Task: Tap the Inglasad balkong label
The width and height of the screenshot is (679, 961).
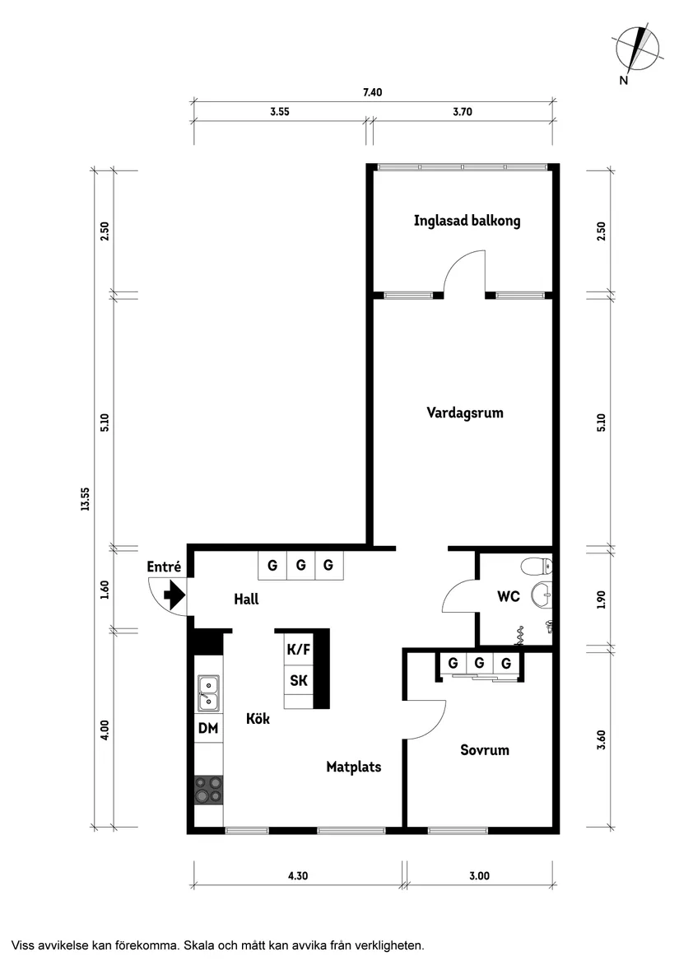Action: tap(467, 221)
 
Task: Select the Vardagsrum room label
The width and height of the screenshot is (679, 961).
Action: tap(464, 413)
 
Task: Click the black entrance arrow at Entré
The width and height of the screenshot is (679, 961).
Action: tap(174, 594)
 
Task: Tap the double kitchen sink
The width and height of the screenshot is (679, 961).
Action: tap(208, 693)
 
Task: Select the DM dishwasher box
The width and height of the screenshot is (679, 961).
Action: tap(208, 728)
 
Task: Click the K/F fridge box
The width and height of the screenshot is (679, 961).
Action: tap(298, 649)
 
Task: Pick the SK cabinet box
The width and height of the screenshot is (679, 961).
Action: tap(298, 681)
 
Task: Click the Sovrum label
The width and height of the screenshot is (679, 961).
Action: tap(485, 750)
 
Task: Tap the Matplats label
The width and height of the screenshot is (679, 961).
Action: tap(353, 767)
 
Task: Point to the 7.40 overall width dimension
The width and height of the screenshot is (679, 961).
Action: tap(372, 93)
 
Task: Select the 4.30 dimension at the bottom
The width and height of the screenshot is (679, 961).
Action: tap(298, 876)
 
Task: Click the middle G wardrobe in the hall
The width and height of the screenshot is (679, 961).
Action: tap(300, 566)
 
